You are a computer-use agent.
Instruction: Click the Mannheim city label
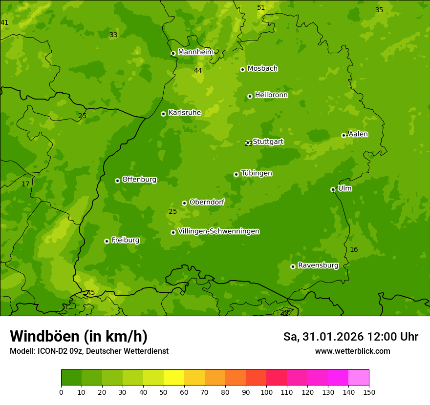[195, 52]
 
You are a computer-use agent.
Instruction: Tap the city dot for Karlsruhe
[163, 114]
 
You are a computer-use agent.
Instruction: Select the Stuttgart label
[268, 142]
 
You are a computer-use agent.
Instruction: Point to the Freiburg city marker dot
[107, 241]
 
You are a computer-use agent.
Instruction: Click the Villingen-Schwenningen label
[218, 231]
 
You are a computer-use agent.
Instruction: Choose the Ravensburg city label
[318, 265]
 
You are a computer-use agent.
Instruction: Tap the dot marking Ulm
[333, 189]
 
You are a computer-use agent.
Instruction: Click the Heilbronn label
[271, 95]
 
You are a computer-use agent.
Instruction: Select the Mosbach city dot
[242, 69]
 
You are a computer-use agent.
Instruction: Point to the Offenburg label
[139, 180]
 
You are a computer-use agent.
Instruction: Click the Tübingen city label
[257, 173]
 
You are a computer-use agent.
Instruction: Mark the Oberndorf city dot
[184, 203]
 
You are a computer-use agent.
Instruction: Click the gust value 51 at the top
[261, 7]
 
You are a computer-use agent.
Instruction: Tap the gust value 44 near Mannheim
[198, 71]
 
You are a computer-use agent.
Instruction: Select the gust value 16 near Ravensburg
[354, 250]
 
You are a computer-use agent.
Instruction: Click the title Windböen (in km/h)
[79, 336]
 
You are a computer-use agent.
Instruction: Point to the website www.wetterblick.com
[352, 351]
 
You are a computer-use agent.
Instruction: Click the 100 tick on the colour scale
[266, 392]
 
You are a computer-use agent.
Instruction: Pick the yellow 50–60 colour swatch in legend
[174, 377]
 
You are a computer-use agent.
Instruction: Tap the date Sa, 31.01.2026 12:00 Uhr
[350, 337]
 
